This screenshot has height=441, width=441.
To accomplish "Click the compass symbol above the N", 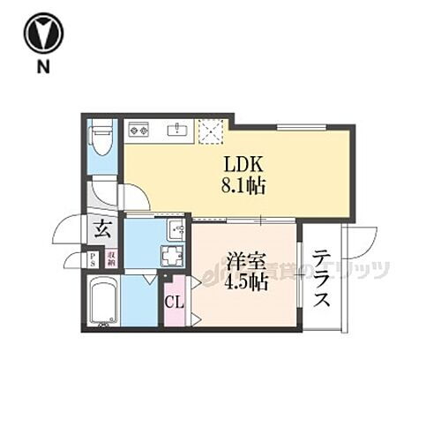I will point(41,33).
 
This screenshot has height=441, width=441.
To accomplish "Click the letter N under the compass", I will point(41,66).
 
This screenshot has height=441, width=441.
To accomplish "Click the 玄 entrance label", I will point(102,230).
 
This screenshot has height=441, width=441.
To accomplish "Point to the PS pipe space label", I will point(92,259).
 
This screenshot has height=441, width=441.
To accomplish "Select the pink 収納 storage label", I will point(111,259).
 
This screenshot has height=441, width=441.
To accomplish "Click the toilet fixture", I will point(101,136).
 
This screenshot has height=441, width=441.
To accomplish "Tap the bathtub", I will point(104,300).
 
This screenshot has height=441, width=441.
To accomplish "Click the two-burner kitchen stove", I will point(139,130).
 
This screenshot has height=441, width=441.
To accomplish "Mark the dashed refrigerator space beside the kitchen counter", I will point(213,132).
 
